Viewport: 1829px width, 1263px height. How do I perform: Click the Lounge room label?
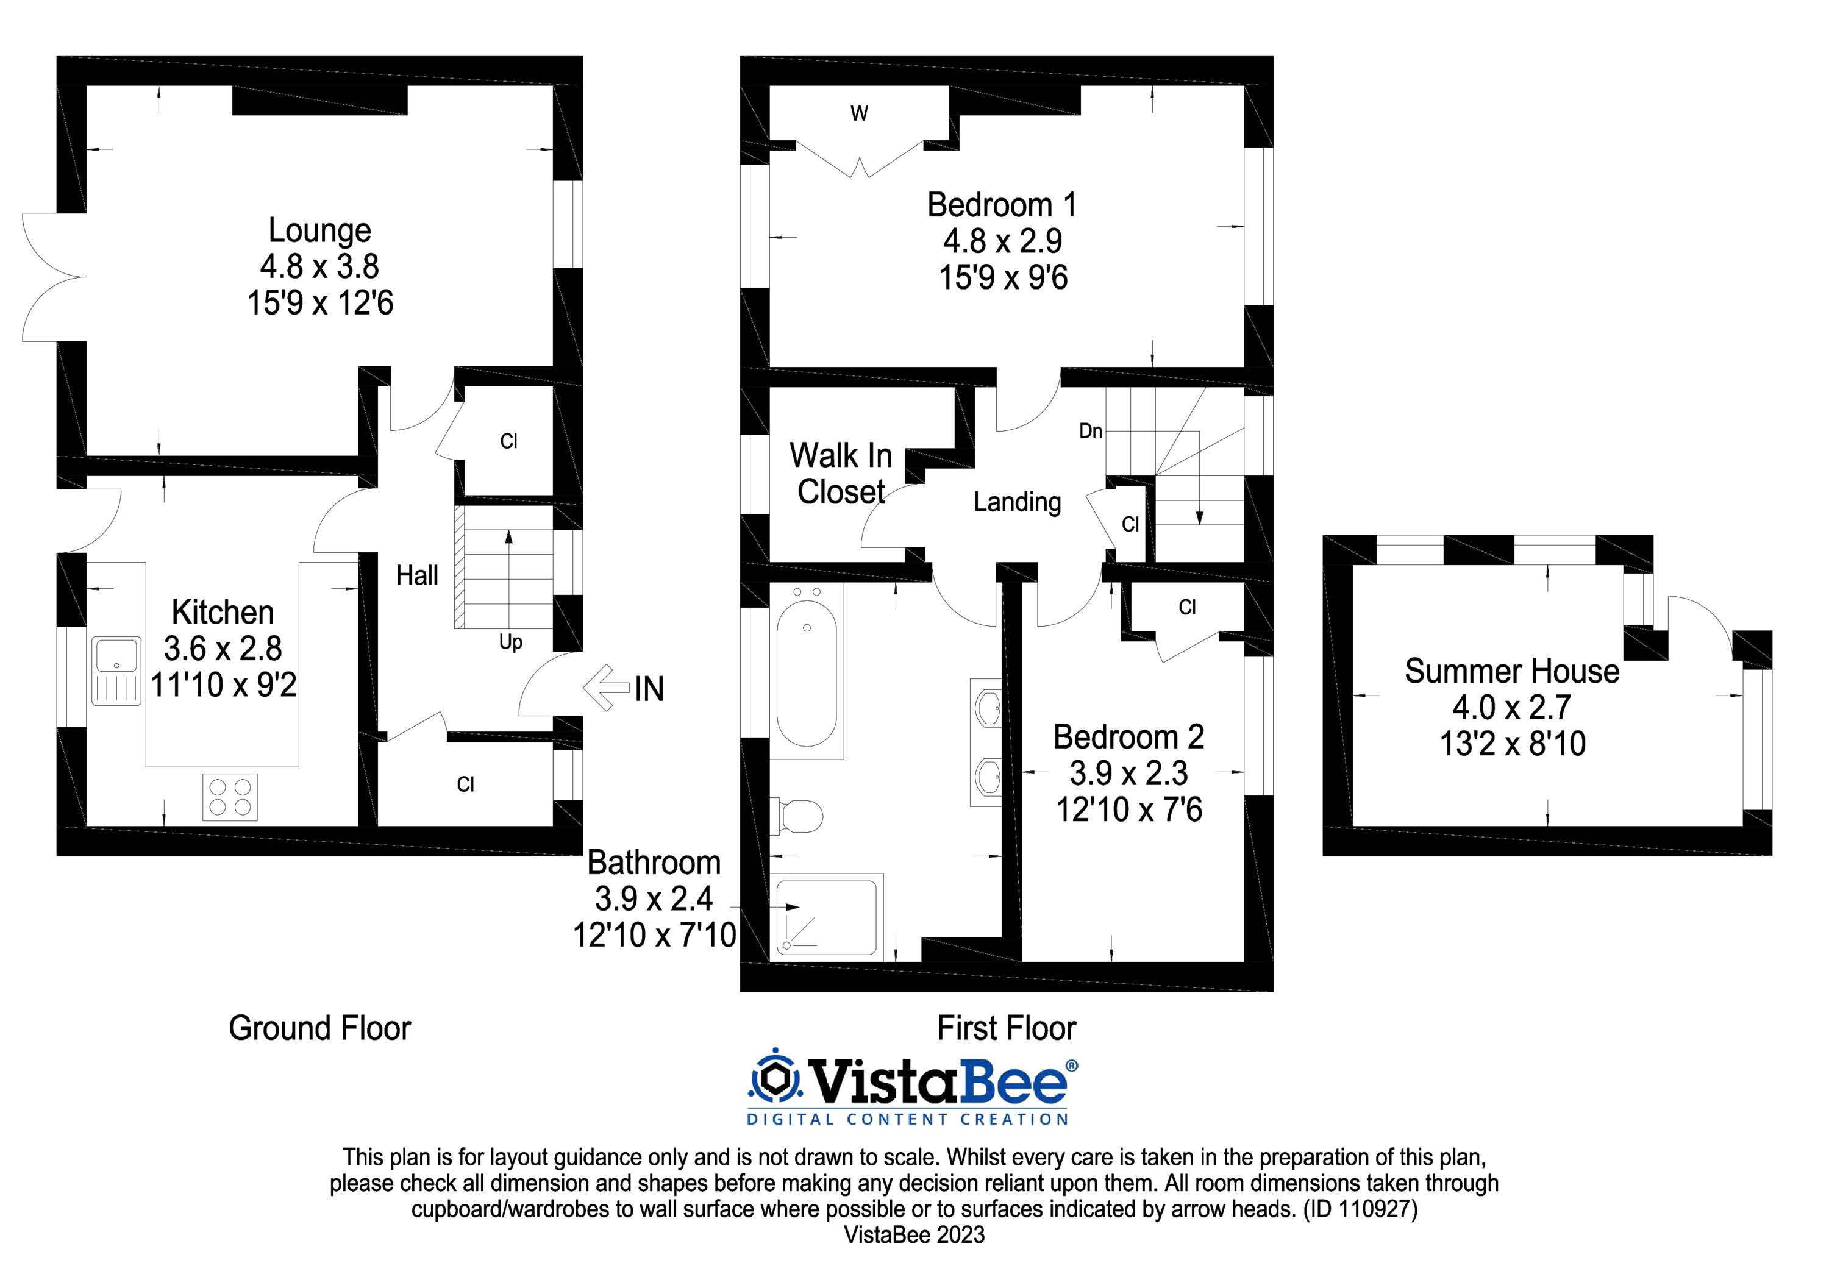click(319, 230)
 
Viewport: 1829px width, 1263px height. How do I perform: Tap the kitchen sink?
click(116, 671)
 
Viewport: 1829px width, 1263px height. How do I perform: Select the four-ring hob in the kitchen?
click(229, 796)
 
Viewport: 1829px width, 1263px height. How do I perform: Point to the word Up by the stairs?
click(510, 642)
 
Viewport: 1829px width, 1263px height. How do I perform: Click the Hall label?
click(417, 575)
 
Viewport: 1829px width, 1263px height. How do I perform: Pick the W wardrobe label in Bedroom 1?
click(858, 114)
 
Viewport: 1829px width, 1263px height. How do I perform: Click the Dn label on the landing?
click(1090, 430)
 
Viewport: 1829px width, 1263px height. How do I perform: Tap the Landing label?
click(1017, 502)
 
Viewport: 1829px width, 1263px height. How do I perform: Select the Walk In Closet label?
click(841, 473)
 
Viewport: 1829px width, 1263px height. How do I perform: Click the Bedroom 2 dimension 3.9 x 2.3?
click(1128, 773)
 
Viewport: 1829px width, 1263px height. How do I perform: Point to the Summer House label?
click(1511, 671)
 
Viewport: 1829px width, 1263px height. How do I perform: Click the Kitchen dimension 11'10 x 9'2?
click(223, 685)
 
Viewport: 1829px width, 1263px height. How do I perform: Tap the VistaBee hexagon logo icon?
click(775, 1076)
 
